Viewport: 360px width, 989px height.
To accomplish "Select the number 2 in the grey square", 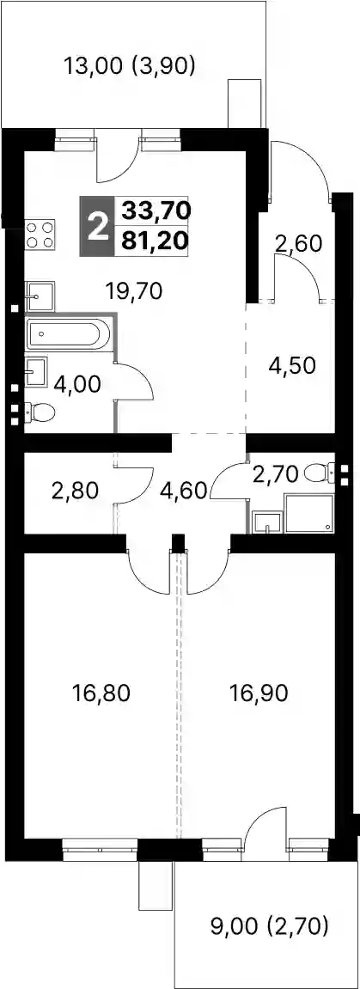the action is pos(97,227).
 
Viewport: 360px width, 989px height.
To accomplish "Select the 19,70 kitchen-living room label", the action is pos(134,290).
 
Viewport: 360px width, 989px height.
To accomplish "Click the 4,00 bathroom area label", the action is pos(76,384).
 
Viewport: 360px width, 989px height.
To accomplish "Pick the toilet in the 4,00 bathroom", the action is pos(40,413).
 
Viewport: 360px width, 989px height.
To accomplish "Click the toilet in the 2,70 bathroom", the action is pos(320,471).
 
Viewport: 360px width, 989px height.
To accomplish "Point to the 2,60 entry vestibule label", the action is pos(297,242).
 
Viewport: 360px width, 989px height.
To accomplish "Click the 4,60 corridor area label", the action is pos(184,490).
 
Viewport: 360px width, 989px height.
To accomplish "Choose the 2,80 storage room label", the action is pos(75,490).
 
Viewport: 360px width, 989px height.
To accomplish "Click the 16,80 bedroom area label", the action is pos(101,693).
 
